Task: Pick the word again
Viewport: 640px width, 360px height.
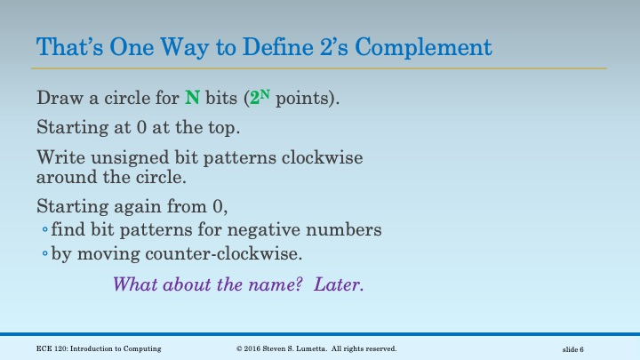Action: (140, 207)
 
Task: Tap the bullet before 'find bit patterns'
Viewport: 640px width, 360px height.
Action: (45, 231)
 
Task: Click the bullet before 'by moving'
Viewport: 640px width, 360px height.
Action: (45, 254)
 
